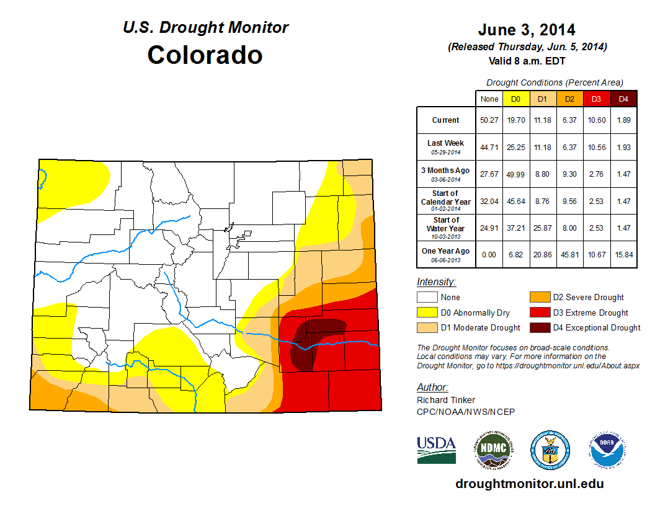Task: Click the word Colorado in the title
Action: coord(205,55)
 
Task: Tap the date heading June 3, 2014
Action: coord(527,30)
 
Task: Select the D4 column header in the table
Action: coord(623,99)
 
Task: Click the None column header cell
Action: coord(489,99)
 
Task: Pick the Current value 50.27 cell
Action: coord(489,120)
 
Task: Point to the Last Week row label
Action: coord(445,146)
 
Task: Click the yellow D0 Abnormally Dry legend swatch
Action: coord(427,313)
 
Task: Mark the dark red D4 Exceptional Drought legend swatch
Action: coord(539,327)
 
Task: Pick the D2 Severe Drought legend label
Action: coord(588,298)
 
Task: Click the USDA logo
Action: coord(436,450)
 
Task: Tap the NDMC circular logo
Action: coord(493,451)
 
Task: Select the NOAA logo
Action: coord(607,451)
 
